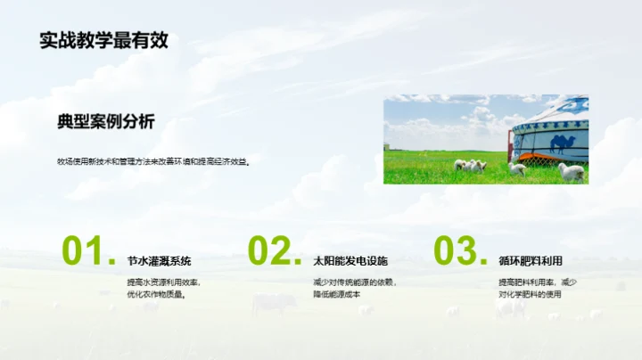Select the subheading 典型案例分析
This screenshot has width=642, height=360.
click(105, 122)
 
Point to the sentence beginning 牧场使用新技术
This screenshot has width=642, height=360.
click(153, 162)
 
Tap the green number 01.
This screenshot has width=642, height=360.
click(88, 252)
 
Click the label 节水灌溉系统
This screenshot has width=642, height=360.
click(160, 262)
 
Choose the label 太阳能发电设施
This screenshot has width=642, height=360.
click(350, 262)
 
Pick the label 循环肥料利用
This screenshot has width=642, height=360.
click(531, 262)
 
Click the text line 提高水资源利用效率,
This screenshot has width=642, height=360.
click(164, 282)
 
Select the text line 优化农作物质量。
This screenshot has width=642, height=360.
click(157, 295)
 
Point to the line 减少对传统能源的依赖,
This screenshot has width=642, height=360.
click(354, 282)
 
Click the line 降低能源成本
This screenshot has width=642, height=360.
click(336, 295)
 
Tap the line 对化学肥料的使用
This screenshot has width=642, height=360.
click(530, 295)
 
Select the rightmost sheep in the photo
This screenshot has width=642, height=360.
click(571, 170)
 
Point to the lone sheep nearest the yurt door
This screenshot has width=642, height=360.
click(518, 168)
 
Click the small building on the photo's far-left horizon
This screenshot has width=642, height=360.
click(387, 146)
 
